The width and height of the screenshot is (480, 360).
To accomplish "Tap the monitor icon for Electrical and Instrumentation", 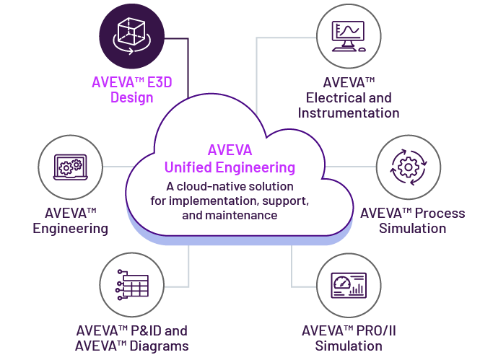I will click(x=347, y=34).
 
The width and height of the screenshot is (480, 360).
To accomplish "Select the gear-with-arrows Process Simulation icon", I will click(x=407, y=167).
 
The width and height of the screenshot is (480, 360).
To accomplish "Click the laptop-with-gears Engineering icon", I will click(x=69, y=167).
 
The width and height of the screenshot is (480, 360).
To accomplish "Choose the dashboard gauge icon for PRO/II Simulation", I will click(x=348, y=284).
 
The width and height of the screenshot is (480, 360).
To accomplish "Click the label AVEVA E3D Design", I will click(x=132, y=89).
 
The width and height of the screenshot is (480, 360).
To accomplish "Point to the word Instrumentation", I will click(x=349, y=113).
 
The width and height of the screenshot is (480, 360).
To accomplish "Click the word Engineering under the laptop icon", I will click(x=71, y=229).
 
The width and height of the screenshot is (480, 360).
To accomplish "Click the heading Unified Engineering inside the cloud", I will click(x=230, y=167).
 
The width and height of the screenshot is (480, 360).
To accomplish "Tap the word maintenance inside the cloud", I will click(x=243, y=215).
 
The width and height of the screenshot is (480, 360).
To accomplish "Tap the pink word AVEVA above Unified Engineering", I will click(x=230, y=151).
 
